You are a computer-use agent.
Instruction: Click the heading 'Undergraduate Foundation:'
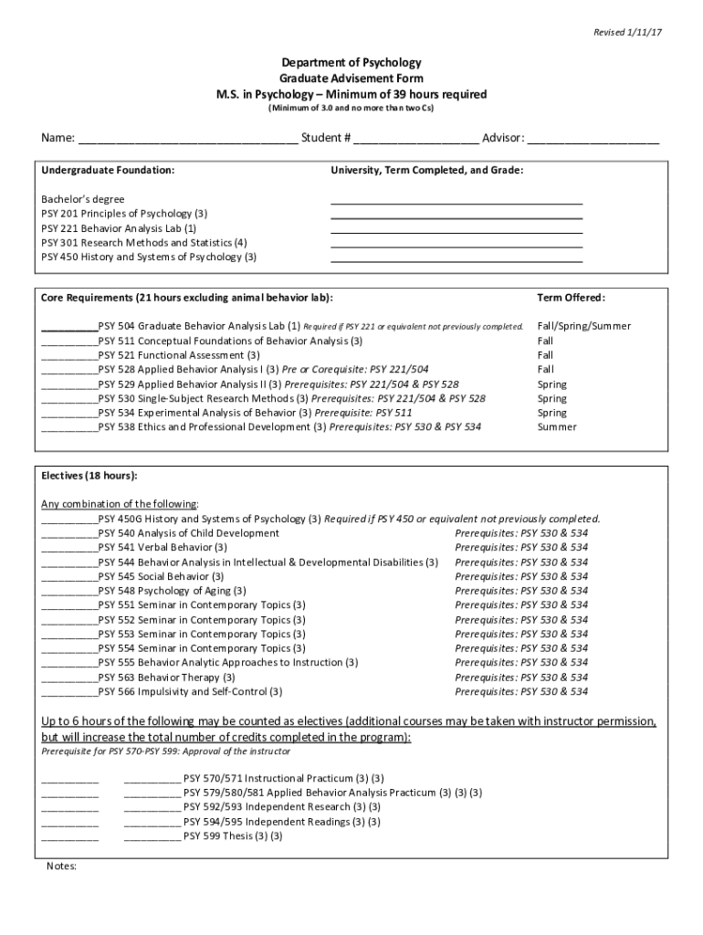click(x=108, y=170)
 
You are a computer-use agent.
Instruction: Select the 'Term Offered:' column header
click(x=571, y=298)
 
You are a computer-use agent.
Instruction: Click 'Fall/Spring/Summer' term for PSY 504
click(x=583, y=326)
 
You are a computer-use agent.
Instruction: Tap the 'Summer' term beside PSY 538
click(x=557, y=427)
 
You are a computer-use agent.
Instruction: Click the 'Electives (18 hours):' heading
click(x=89, y=476)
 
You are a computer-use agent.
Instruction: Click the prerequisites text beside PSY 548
click(x=521, y=591)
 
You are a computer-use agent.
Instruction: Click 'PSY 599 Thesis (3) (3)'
click(x=233, y=835)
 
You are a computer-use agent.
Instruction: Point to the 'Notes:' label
click(x=61, y=867)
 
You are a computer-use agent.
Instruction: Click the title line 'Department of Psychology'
click(x=351, y=63)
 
